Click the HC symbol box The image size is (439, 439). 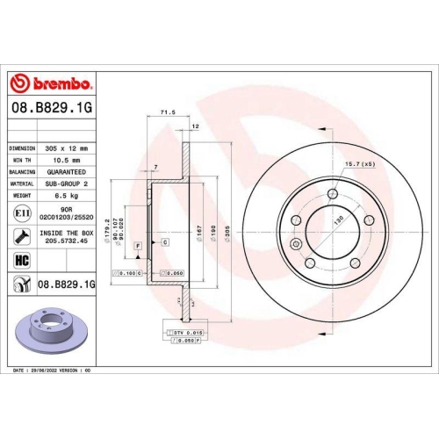pos(21,259)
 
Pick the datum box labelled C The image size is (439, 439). pos(164,241)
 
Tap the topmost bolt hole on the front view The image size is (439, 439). pos(333,196)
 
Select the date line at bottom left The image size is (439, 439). pos(54,372)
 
